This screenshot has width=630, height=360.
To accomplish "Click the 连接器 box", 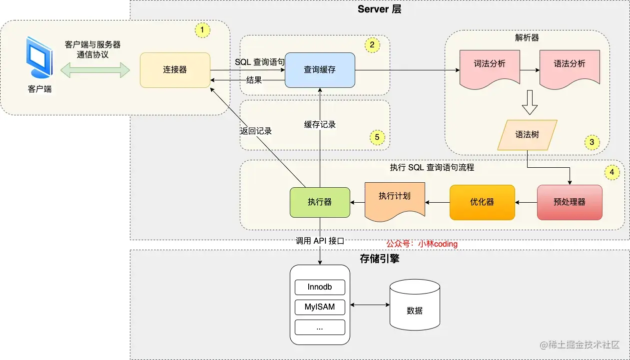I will coord(175,70).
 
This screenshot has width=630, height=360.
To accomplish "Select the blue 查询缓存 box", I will coord(320,70).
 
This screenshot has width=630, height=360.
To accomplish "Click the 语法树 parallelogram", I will coord(527,135).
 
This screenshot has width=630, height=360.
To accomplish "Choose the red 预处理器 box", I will coord(570,202).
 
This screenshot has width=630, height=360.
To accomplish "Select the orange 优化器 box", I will coord(482,202).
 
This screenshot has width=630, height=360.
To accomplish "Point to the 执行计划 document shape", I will coord(395,200).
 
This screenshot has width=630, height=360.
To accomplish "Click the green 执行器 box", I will coord(320,202).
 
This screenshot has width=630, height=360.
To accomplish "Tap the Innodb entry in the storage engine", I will coord(320,288).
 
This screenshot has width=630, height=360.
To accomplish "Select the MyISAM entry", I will coord(320,307).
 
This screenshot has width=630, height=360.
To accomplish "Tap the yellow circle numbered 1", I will coord(202,30).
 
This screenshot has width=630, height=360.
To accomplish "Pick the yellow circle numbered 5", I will coord(377,136).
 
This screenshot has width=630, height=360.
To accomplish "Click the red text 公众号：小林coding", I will coord(422,244).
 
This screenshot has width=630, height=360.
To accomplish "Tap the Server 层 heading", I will coord(379,9).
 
